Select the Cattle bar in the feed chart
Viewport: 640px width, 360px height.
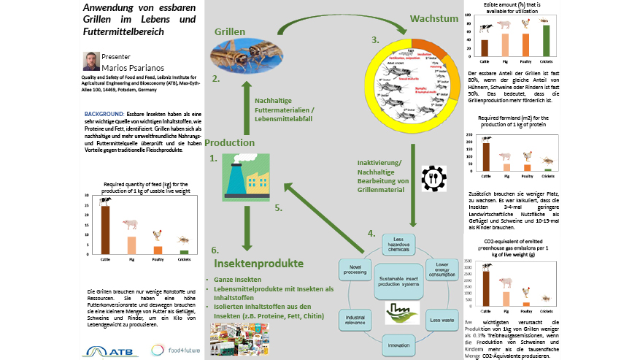pyautogui.click(x=105, y=229)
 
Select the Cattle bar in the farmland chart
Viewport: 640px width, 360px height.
pyautogui.click(x=485, y=156)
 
